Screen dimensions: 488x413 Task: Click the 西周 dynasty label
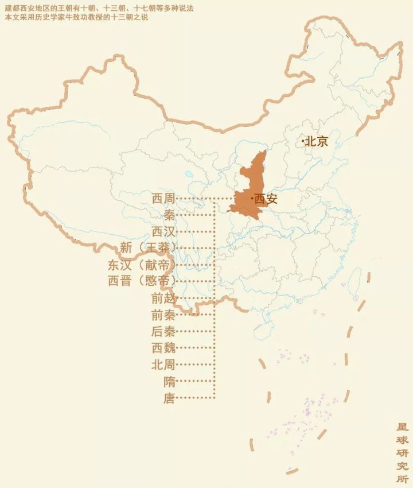[163, 199]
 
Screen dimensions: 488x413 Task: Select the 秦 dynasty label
[169, 215]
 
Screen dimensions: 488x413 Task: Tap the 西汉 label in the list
[163, 232]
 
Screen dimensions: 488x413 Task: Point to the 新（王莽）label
[148, 249]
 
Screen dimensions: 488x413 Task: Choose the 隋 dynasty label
[169, 381]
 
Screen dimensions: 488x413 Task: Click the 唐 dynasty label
[169, 398]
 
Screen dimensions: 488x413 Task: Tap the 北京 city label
[317, 141]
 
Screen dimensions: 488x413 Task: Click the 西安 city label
[266, 199]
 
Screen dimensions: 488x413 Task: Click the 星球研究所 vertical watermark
[402, 454]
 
